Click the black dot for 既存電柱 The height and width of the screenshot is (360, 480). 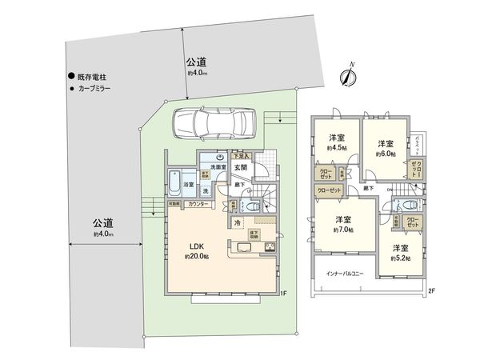pyautogui.click(x=70, y=75)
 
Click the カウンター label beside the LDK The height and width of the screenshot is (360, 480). pyautogui.click(x=198, y=205)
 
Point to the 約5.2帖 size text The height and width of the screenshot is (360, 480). pyautogui.click(x=401, y=258)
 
